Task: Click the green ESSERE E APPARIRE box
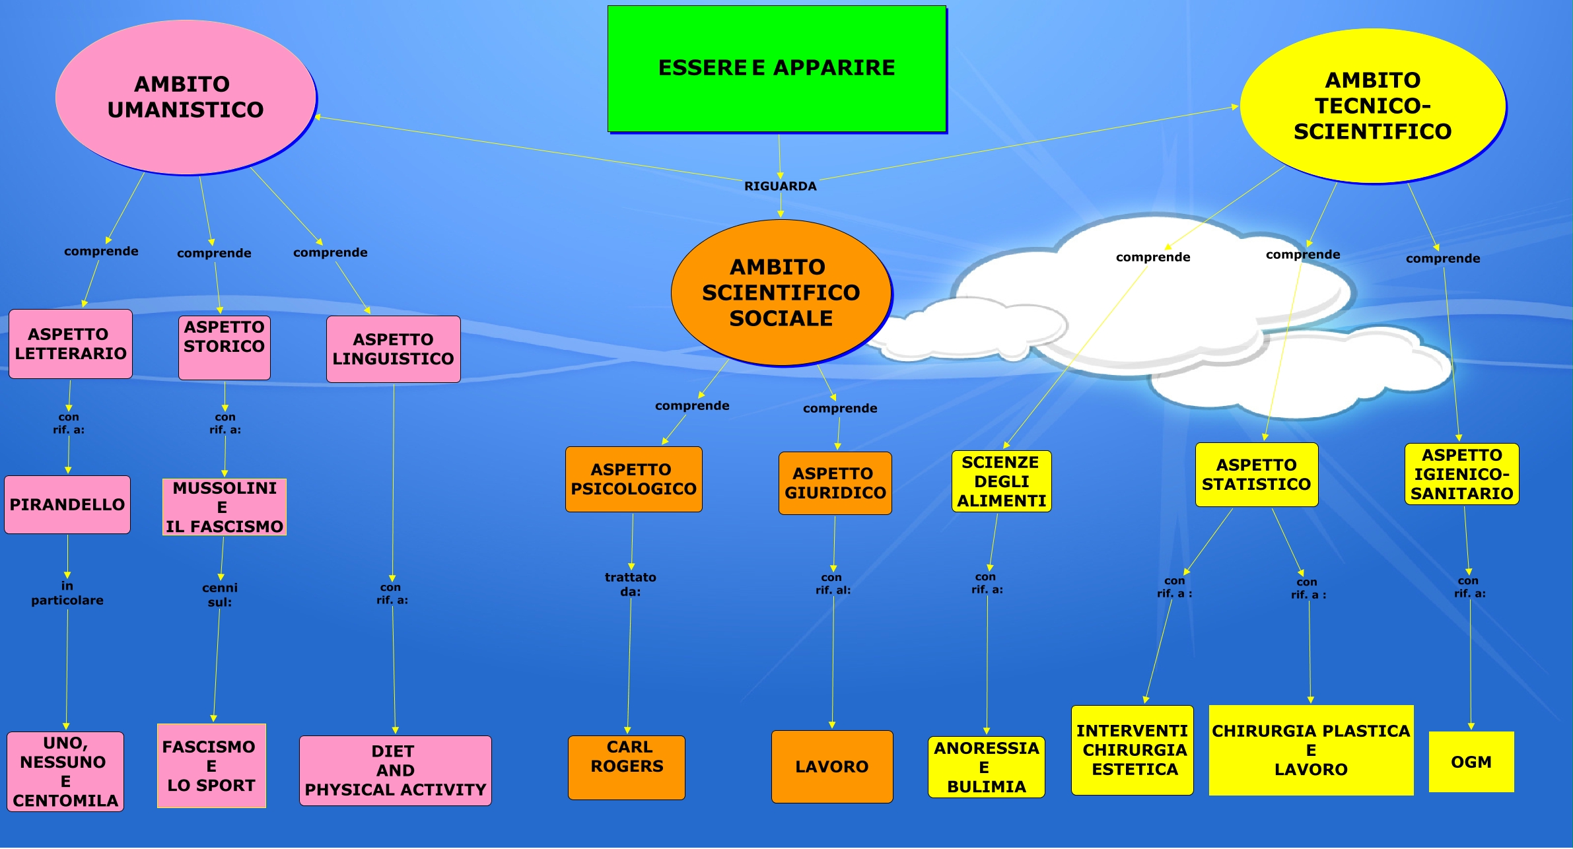point(777,69)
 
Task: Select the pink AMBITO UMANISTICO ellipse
point(186,97)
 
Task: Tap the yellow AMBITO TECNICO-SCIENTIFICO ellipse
point(1372,106)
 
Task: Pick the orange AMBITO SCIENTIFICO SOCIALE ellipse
point(781,292)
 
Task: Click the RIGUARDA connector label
point(780,186)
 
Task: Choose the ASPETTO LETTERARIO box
point(71,344)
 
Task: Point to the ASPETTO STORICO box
point(225,347)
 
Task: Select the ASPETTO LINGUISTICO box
point(394,349)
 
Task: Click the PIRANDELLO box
point(67,504)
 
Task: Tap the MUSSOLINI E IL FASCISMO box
point(225,507)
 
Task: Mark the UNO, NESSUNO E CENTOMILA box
point(65,771)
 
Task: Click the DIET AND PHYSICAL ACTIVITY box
point(396,770)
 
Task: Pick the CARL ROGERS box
point(627,767)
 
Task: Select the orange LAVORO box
point(832,766)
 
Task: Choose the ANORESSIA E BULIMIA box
point(986,767)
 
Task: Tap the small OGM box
point(1471,762)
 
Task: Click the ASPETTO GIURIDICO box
point(835,483)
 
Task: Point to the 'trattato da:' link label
point(631,584)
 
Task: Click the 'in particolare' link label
point(67,593)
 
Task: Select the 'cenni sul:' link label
point(220,595)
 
